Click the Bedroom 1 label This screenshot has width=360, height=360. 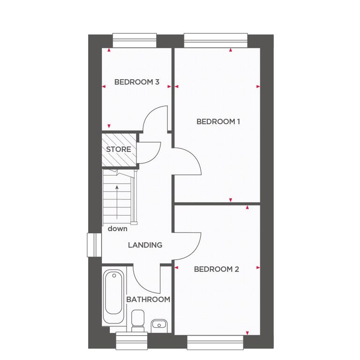point(218,121)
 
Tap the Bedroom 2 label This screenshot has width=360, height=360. point(217,269)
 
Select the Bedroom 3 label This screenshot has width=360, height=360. point(136,82)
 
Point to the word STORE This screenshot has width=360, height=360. point(119,149)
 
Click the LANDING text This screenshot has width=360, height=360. point(145,245)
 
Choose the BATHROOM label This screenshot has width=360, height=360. point(148,300)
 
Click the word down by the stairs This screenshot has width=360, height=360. point(117,229)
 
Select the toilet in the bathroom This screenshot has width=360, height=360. point(138,321)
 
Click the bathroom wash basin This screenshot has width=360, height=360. point(159,326)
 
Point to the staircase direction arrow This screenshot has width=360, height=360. point(117,202)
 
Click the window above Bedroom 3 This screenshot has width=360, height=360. point(135,41)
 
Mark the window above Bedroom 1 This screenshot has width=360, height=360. point(216,41)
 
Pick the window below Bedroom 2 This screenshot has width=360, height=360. point(215,342)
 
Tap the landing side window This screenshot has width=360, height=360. point(94,245)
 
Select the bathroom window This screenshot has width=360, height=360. point(132,341)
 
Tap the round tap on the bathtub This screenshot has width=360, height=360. point(114,276)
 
